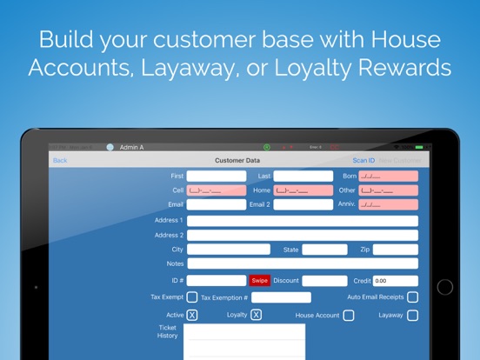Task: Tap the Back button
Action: [60, 160]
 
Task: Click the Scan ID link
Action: [363, 160]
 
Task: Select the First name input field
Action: [217, 176]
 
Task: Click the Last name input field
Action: [303, 176]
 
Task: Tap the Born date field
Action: [389, 176]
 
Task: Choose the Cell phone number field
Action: [217, 190]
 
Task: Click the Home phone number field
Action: [303, 190]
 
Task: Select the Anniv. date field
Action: [389, 204]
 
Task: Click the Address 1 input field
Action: [302, 221]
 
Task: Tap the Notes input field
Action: [302, 263]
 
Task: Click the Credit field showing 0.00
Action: [396, 281]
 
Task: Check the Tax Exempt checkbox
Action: [192, 297]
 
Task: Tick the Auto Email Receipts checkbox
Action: [412, 297]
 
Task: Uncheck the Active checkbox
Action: [192, 315]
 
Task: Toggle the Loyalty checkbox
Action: [257, 315]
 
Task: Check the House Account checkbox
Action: [349, 315]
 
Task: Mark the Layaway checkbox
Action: [412, 315]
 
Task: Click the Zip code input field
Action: [397, 250]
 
